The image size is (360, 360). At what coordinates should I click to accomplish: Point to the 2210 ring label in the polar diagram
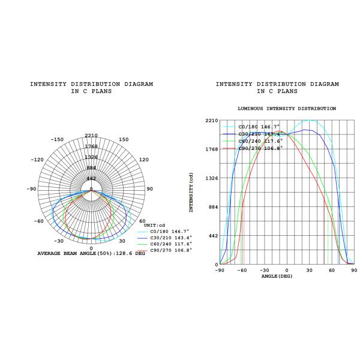(91, 136)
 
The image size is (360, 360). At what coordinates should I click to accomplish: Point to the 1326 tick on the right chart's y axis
(211, 178)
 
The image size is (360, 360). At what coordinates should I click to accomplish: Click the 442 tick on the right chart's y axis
(214, 236)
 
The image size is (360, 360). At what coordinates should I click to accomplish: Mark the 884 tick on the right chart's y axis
(214, 207)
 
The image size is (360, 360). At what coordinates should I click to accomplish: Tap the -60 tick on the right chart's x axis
(242, 270)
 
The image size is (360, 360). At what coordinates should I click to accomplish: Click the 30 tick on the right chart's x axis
(309, 270)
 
